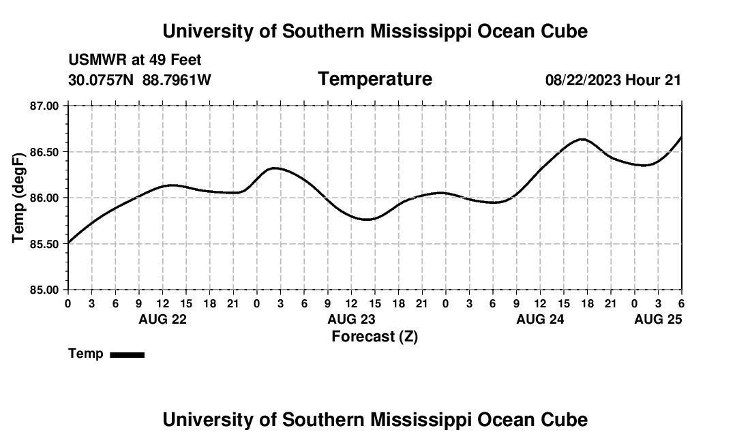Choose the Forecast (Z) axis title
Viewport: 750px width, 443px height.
[x=374, y=337]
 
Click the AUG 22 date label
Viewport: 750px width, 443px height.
[x=162, y=319]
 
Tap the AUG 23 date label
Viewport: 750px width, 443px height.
[x=351, y=319]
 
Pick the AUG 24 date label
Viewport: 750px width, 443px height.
[x=540, y=319]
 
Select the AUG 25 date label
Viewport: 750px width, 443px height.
[x=658, y=319]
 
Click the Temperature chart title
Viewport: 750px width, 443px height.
[x=375, y=79]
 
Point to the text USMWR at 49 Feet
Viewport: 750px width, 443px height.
[x=135, y=61]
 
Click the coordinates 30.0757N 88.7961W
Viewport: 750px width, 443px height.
[x=140, y=80]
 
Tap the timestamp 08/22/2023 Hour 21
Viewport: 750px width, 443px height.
[x=613, y=80]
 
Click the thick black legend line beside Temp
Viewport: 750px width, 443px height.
[x=127, y=354]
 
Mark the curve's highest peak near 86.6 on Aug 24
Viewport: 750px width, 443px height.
[x=582, y=139]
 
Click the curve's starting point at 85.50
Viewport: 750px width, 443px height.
[x=68, y=243]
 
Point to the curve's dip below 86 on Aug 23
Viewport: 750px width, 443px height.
[x=367, y=219]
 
